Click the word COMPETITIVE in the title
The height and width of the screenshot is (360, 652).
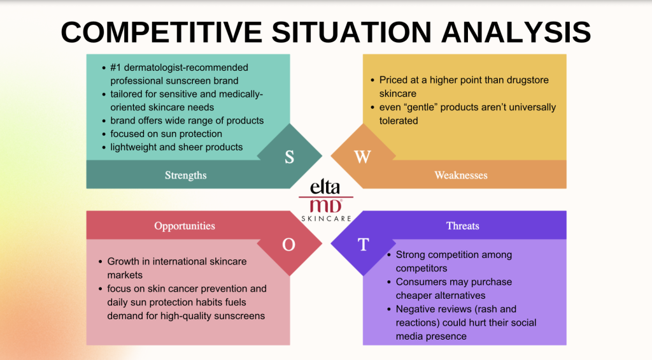pos(161,32)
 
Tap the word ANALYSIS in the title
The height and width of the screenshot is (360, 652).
pos(516,32)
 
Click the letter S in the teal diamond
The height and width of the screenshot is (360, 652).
pos(290,157)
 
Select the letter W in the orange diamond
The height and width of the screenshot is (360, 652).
pos(362,157)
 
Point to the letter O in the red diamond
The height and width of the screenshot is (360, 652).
pos(288,245)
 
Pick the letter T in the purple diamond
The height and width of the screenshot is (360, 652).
pos(363,244)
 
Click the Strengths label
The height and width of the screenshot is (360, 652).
pos(185,175)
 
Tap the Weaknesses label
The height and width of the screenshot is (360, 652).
pos(461,175)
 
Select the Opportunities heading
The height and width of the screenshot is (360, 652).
pos(185,226)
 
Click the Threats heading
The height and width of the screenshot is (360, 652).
pos(462,226)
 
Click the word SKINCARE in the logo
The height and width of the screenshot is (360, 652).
pos(327,219)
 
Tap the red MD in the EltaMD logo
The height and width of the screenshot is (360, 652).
pos(325,206)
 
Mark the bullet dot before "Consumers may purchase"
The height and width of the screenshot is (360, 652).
pos(389,282)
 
